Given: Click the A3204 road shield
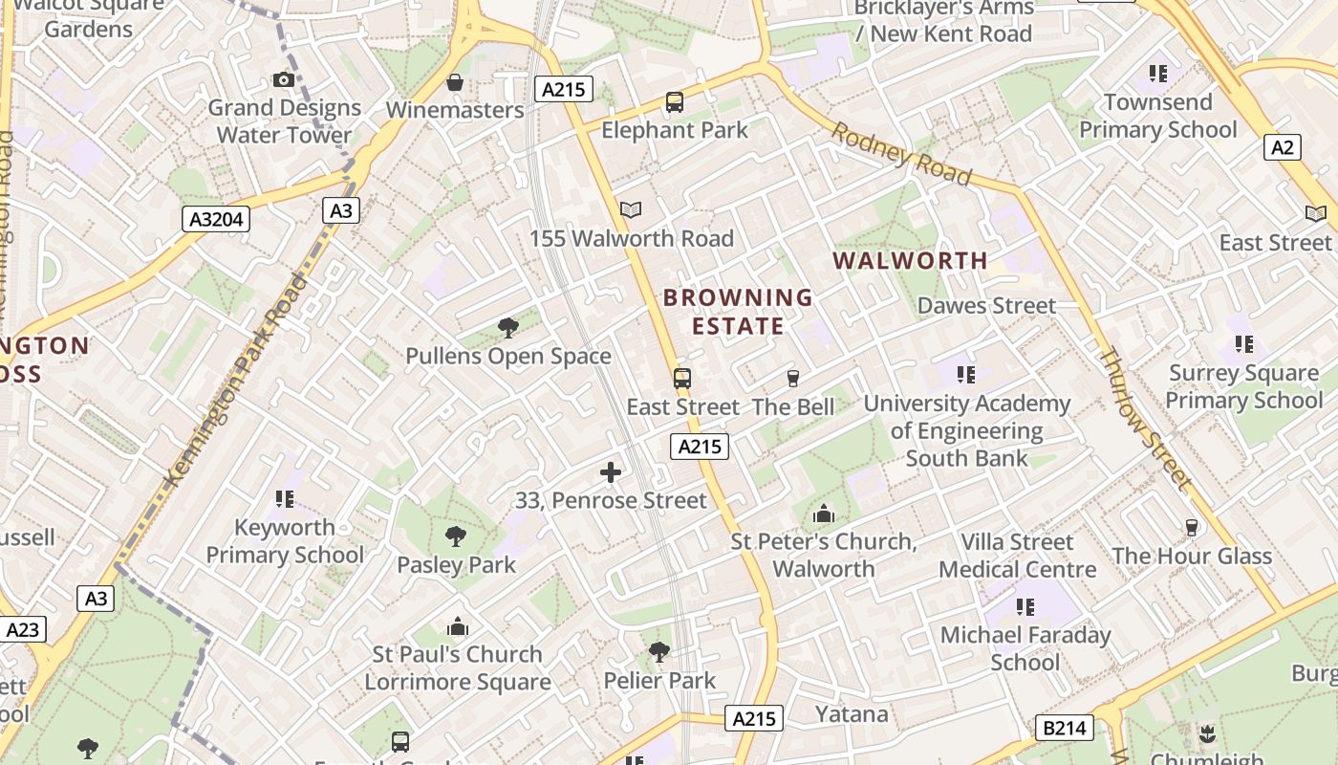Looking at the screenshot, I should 216,220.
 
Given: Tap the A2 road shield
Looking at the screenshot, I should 1283,147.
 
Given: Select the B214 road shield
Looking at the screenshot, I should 1065,729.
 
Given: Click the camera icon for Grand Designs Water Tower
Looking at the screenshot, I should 284,79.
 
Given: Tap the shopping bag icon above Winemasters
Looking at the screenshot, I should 455,82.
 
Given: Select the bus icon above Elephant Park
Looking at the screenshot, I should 675,102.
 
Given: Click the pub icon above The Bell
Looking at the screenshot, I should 792,379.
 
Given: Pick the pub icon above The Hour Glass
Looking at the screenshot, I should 1191,527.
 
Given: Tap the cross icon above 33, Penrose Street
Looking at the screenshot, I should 611,472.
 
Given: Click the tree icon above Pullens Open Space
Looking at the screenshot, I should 508,328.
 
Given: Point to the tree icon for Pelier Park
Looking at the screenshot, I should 658,652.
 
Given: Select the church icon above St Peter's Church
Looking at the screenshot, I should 824,514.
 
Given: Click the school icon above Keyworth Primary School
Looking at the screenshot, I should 285,499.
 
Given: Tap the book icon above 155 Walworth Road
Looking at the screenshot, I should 631,210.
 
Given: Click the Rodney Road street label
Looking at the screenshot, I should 900,154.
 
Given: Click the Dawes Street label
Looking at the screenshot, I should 986,306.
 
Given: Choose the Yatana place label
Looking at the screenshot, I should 852,714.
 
